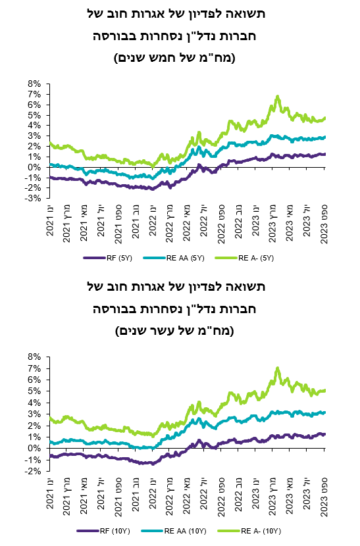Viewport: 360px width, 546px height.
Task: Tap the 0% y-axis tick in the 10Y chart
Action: pyautogui.click(x=35, y=449)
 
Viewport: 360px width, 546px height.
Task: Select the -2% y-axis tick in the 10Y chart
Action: pyautogui.click(x=33, y=472)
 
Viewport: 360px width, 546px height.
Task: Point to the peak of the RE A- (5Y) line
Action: pyautogui.click(x=278, y=96)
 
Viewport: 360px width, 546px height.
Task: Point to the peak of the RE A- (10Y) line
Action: pyautogui.click(x=278, y=368)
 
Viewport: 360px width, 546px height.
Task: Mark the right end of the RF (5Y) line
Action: pyautogui.click(x=325, y=154)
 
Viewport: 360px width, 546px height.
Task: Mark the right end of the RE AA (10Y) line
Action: pyautogui.click(x=325, y=412)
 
